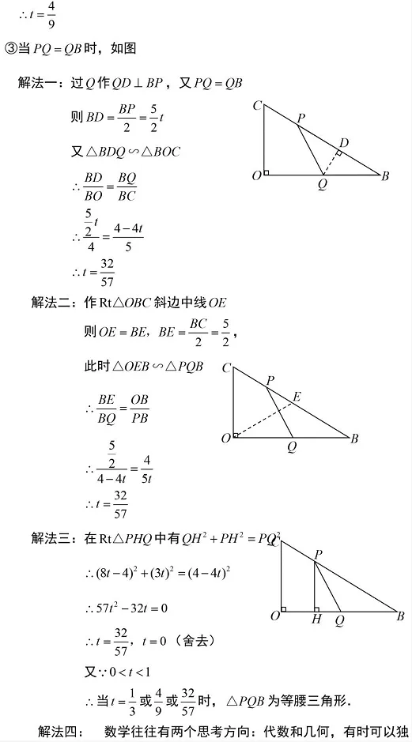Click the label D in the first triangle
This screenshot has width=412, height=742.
point(343,142)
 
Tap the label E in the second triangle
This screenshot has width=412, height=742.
point(297,397)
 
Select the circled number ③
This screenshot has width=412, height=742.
point(11,49)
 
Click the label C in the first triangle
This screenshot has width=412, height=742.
point(258,105)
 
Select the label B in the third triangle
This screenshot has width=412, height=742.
point(401,616)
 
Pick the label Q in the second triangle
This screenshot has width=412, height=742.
point(293,446)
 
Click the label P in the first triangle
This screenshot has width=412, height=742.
point(300,119)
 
